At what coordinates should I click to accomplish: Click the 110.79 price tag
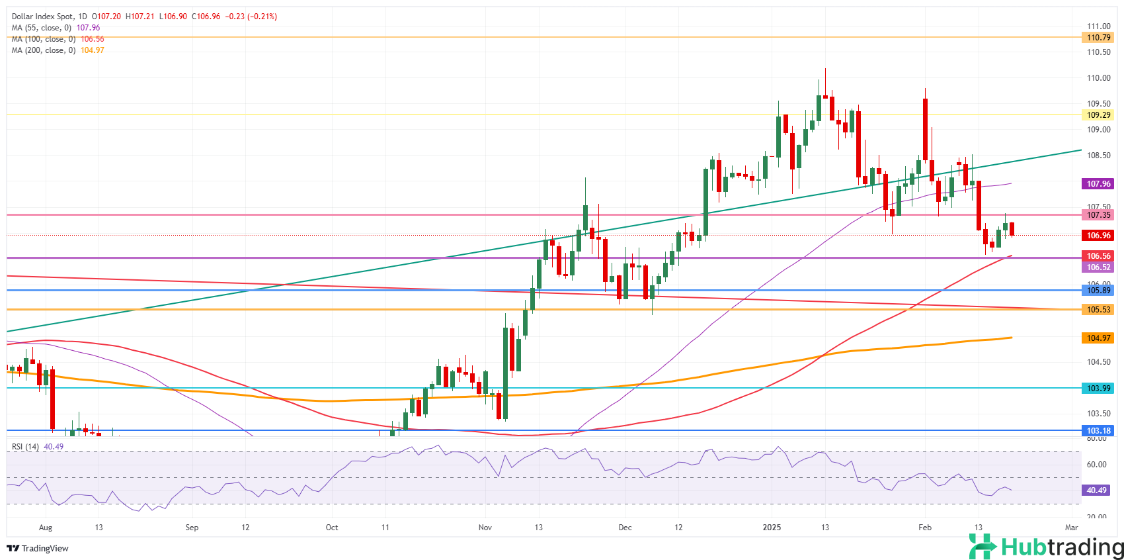(x=1098, y=38)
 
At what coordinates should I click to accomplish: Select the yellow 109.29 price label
(x=1098, y=115)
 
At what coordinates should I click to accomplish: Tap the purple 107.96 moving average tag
(x=1098, y=184)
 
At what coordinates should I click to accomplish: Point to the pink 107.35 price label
(x=1098, y=215)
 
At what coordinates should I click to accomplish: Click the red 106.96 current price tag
(x=1098, y=236)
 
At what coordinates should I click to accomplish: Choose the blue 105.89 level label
(x=1098, y=291)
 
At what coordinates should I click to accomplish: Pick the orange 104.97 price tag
(x=1098, y=338)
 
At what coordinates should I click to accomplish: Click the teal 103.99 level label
(x=1098, y=389)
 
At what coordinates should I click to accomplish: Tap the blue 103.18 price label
(x=1098, y=431)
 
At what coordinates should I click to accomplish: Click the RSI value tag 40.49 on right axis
(x=1096, y=490)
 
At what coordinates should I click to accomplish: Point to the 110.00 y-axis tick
(x=1098, y=78)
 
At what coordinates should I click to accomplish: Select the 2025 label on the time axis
(x=772, y=528)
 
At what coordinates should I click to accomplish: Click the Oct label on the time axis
(x=332, y=528)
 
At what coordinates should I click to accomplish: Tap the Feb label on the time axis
(x=925, y=528)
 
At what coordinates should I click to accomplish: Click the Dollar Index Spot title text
(x=40, y=17)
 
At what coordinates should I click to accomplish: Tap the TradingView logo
(x=38, y=548)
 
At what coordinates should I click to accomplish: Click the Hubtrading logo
(x=1046, y=547)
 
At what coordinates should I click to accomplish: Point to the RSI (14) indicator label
(x=25, y=447)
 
